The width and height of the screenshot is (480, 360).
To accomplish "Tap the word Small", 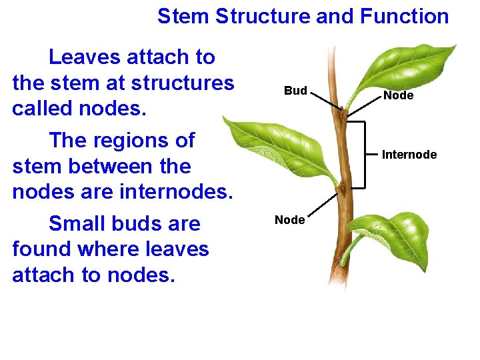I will [x=79, y=223].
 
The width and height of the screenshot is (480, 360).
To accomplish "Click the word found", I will [x=42, y=249].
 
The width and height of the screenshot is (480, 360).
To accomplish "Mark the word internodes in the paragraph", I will [x=175, y=192].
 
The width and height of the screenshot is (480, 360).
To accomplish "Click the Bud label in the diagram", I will [x=295, y=91].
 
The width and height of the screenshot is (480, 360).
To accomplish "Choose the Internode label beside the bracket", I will [x=409, y=155].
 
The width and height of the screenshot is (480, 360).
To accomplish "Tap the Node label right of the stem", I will [x=398, y=96].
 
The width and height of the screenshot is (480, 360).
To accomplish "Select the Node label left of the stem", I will [x=289, y=220].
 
